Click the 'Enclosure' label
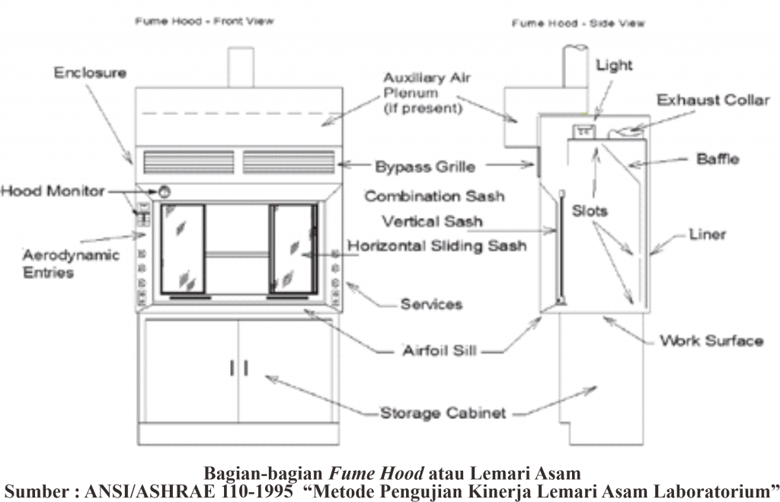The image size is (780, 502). pyautogui.click(x=90, y=73)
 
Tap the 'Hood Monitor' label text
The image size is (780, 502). pyautogui.click(x=52, y=191)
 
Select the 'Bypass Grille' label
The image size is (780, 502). pyautogui.click(x=424, y=166)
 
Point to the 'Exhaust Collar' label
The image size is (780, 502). pyautogui.click(x=713, y=100)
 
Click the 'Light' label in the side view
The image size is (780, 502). pyautogui.click(x=614, y=66)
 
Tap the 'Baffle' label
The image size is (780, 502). pyautogui.click(x=718, y=159)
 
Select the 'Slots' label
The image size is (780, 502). pyautogui.click(x=590, y=211)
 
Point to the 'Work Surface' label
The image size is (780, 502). pyautogui.click(x=711, y=341)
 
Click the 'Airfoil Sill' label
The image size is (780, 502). pyautogui.click(x=440, y=352)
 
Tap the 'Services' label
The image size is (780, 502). pyautogui.click(x=431, y=305)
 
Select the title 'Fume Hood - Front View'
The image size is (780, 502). pyautogui.click(x=204, y=22)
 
